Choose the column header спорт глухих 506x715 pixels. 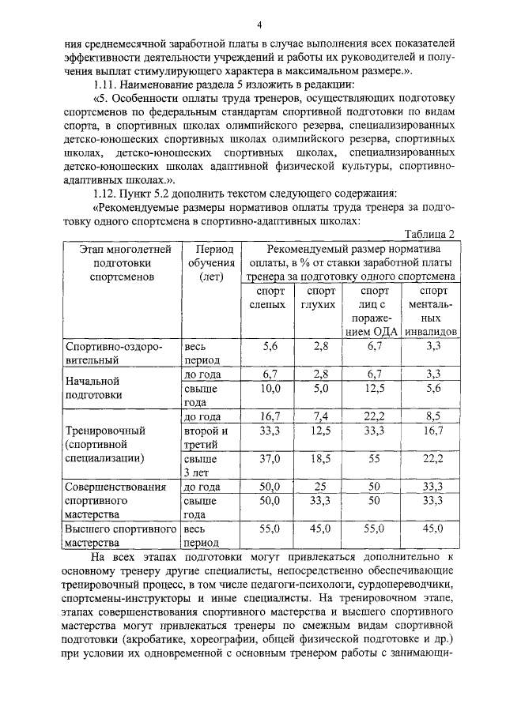[320, 298]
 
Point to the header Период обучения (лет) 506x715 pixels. [210, 263]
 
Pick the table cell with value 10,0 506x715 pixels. [270, 388]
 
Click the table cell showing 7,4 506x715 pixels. [320, 417]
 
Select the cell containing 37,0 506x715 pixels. [270, 458]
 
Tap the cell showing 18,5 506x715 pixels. [320, 458]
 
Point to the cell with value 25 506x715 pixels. [320, 487]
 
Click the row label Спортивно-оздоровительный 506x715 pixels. [115, 353]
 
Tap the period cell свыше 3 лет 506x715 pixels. [200, 465]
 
